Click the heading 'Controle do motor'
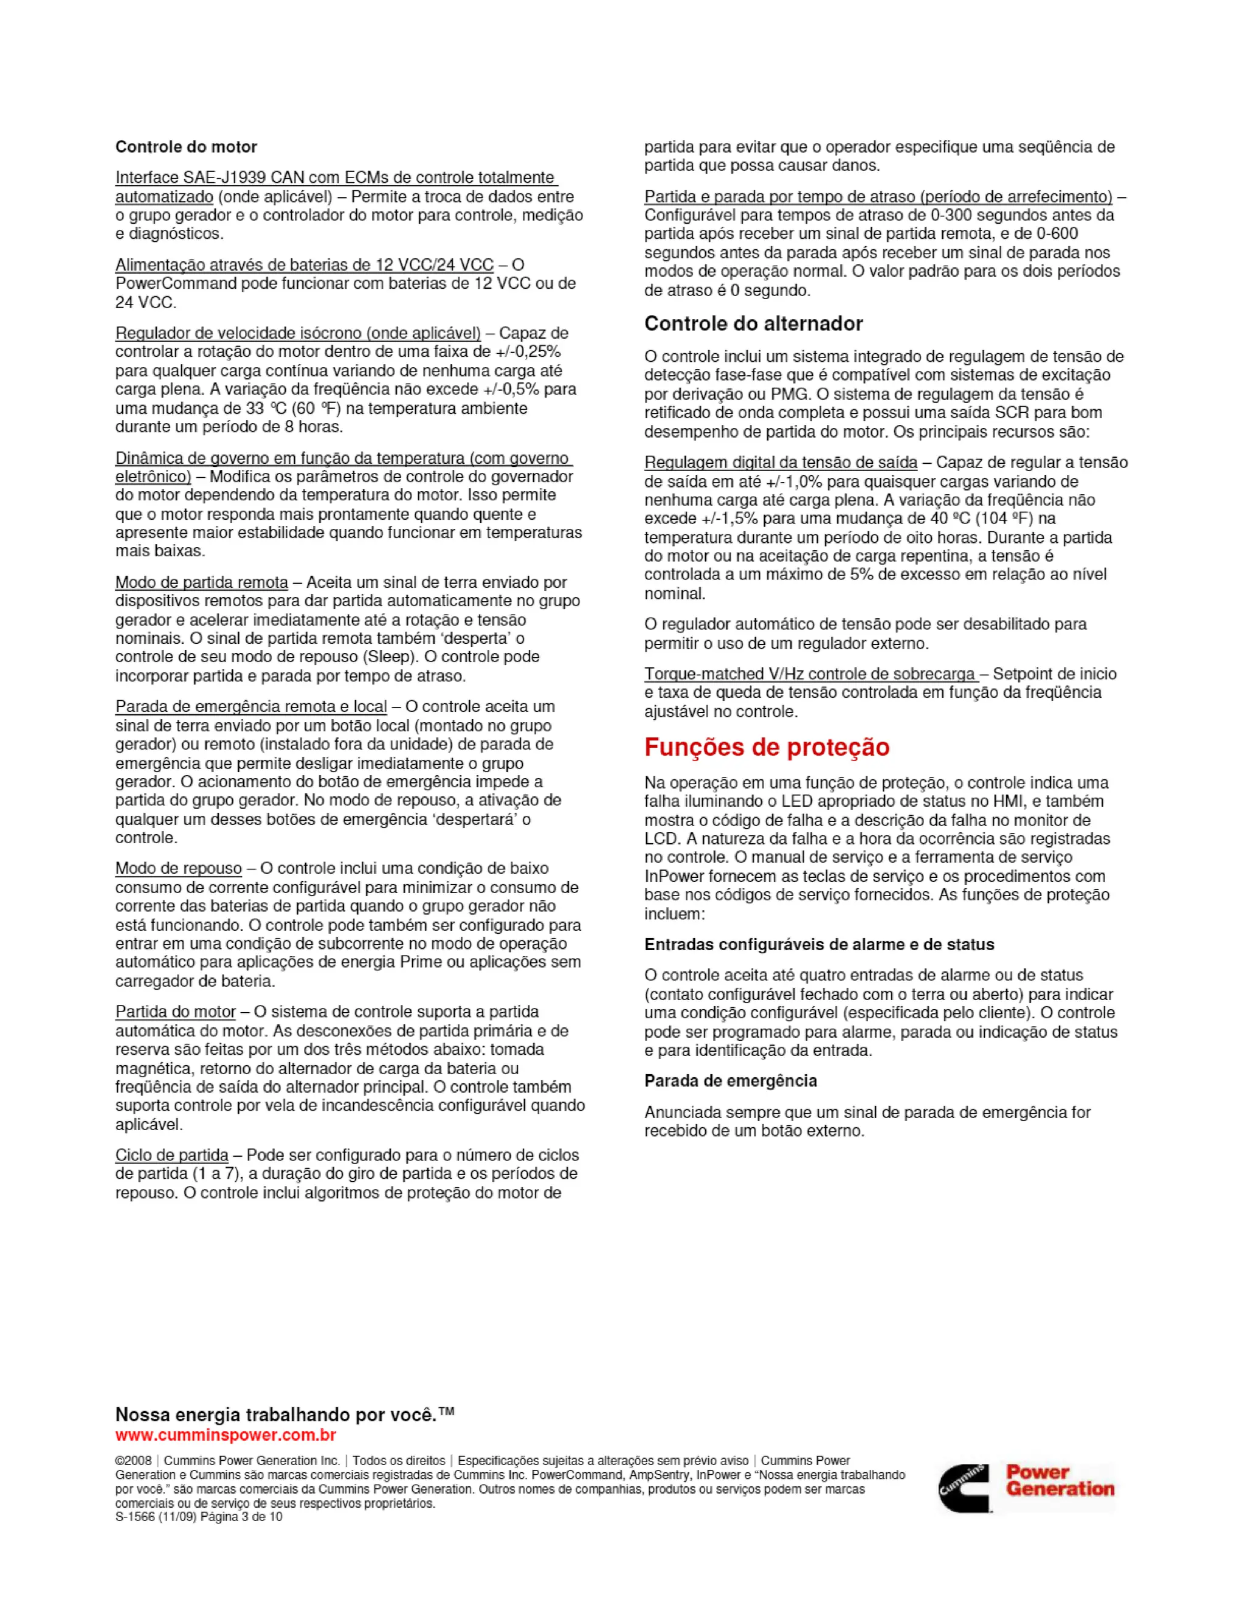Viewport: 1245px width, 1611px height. [x=186, y=147]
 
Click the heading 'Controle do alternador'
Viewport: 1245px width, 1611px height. [x=753, y=324]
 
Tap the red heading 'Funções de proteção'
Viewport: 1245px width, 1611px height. [x=767, y=747]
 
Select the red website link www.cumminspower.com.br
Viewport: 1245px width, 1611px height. [x=226, y=1435]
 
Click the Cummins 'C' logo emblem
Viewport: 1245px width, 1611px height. [x=965, y=1488]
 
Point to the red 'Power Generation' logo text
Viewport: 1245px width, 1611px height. [x=1059, y=1480]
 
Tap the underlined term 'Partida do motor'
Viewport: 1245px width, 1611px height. [x=176, y=1012]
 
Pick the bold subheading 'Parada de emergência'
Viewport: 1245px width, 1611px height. [x=730, y=1081]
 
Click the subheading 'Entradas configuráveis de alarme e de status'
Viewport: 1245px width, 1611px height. [x=819, y=944]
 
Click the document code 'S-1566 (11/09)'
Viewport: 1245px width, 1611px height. [x=156, y=1517]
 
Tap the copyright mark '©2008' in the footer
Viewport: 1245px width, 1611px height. [x=134, y=1460]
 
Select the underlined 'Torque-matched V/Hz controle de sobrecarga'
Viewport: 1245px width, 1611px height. [x=810, y=674]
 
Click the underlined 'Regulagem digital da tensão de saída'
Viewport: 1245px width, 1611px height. [x=781, y=463]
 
